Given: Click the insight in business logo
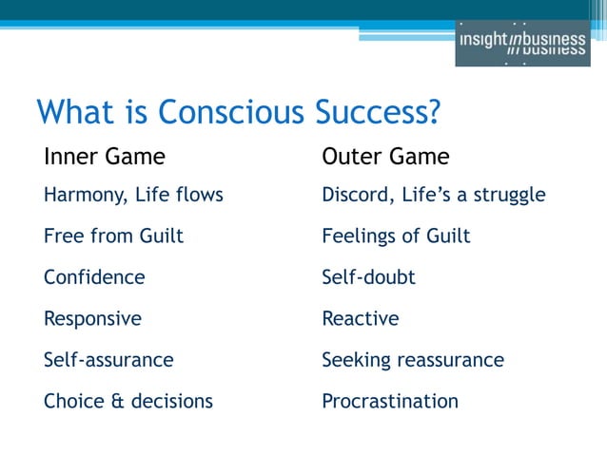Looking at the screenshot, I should coord(522,43).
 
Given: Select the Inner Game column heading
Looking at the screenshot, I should coord(105,156).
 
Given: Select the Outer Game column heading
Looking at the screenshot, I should coord(385,156).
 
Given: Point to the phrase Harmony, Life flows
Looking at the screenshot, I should coord(133,196).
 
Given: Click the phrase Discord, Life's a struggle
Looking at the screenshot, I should coord(433,196).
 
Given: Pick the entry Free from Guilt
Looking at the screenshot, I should coord(113,236).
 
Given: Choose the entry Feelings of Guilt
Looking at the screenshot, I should coord(396,236).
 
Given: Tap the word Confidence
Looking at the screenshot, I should coord(94,277).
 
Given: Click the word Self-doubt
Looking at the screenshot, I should coord(368,277).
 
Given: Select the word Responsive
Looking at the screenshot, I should coord(92,319).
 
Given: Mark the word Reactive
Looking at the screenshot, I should coord(360,319).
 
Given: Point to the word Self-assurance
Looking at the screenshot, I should coord(108,360).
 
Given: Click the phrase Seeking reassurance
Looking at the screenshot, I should coord(413,360).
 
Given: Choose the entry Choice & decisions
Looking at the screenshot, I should coord(127,401).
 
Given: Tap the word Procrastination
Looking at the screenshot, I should coord(390,401).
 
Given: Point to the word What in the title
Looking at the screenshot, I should coord(69,112).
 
